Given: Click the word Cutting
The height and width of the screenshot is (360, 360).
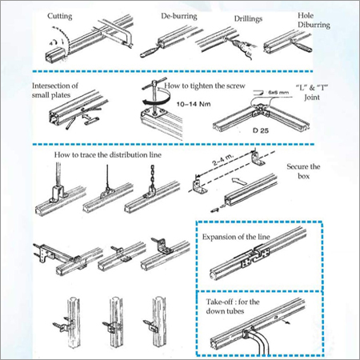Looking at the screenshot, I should (65, 15).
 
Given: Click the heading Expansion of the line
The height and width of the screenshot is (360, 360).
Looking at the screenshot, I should (238, 238).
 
